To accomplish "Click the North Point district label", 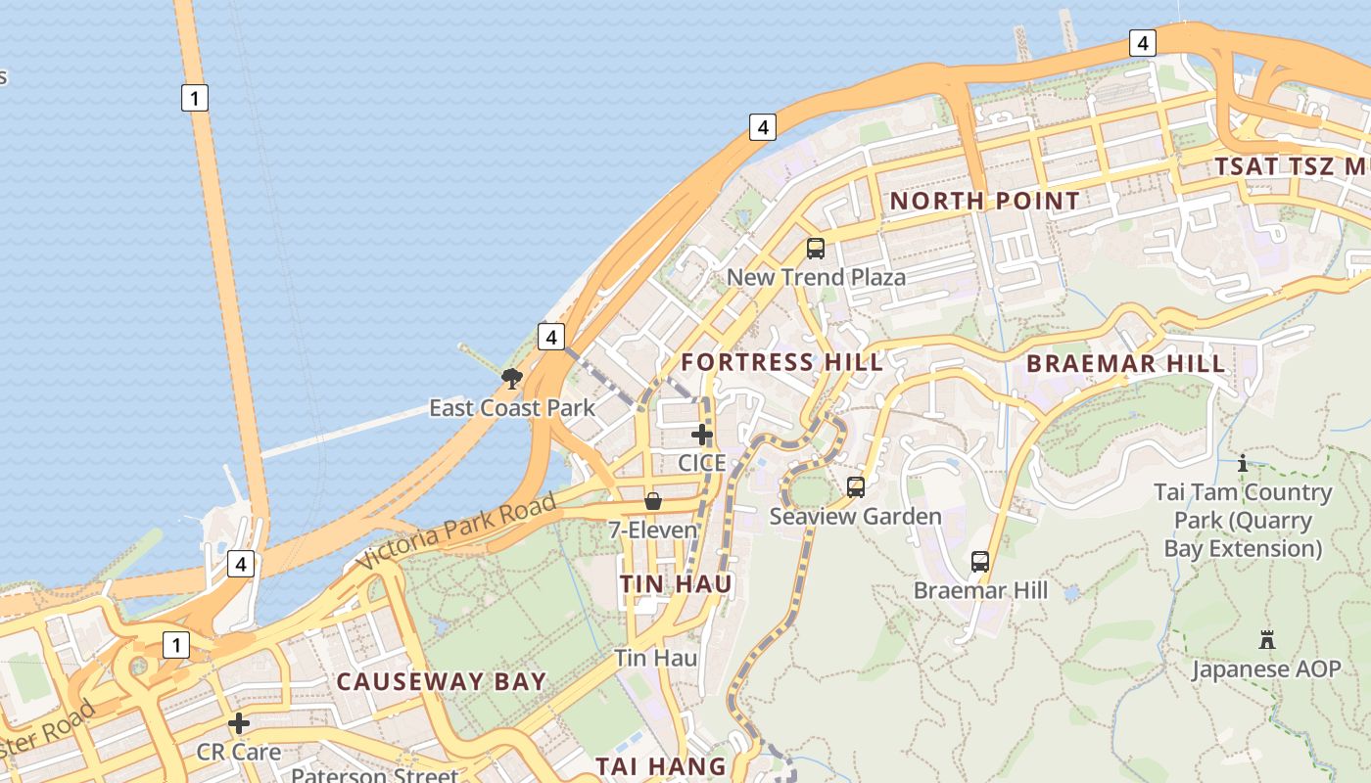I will click(984, 202).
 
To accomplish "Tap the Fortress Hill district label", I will click(781, 362).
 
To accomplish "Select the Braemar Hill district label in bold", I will click(1125, 364).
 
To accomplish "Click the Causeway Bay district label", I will click(441, 682).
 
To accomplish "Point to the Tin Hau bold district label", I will click(676, 584).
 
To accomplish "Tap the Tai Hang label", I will click(662, 765).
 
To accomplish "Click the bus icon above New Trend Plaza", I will click(815, 249).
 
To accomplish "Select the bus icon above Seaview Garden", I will click(856, 487).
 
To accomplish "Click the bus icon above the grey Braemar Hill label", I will click(980, 562).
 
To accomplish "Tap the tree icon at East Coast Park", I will click(511, 378).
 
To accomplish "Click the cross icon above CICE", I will click(702, 435).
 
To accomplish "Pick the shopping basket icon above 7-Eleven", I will click(653, 502).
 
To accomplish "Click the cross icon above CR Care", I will click(238, 724).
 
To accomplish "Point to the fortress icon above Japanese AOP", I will click(1267, 641).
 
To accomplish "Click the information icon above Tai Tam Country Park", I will click(1243, 463).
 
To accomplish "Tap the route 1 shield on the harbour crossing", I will click(195, 98).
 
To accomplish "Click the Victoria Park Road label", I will click(456, 531).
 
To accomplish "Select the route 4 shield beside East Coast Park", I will click(551, 338).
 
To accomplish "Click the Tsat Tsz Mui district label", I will click(1291, 166).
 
